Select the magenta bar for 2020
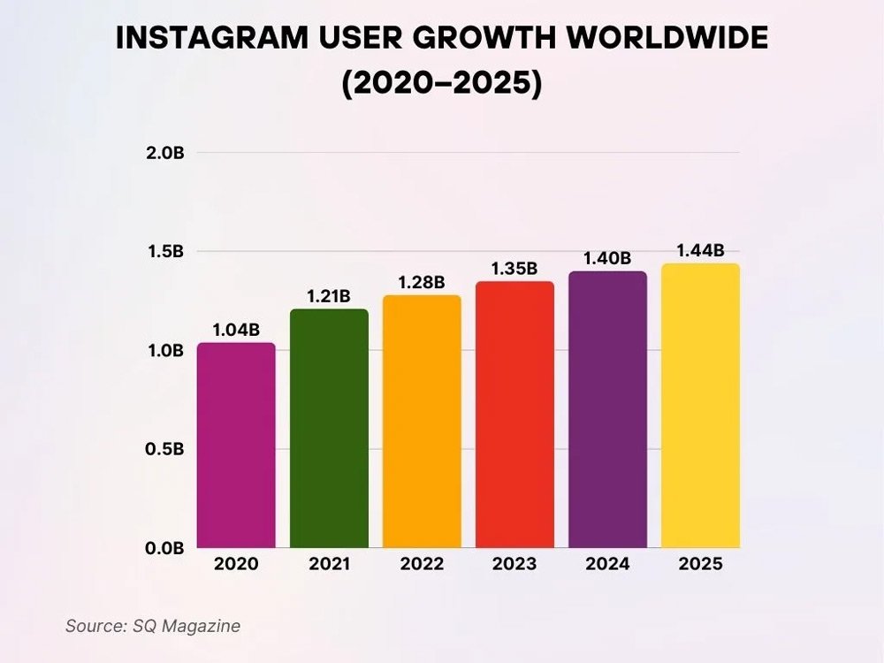[x=236, y=446]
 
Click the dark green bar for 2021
[x=329, y=429]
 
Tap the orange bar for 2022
[x=422, y=422]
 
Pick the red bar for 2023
[x=514, y=415]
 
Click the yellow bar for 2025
[x=700, y=406]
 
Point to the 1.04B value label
[x=236, y=330]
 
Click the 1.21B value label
[x=329, y=296]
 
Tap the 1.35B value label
[x=514, y=268]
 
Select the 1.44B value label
[x=700, y=250]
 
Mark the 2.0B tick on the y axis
[x=164, y=153]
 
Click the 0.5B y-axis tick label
[x=164, y=449]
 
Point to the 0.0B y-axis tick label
[x=164, y=548]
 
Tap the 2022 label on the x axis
[x=422, y=564]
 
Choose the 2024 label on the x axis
[x=607, y=564]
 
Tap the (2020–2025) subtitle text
[x=441, y=86]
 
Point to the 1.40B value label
[x=607, y=258]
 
